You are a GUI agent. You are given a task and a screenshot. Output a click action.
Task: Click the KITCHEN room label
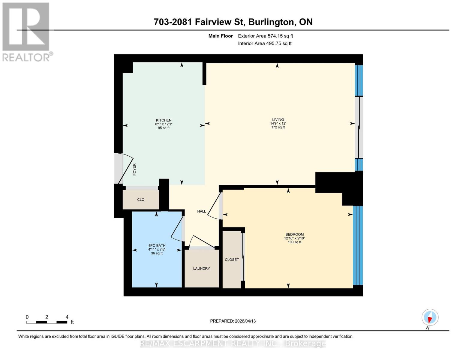click(x=164, y=120)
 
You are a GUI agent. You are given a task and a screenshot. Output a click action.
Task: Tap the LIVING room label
click(x=278, y=119)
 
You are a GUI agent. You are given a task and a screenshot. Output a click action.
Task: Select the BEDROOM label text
click(x=294, y=234)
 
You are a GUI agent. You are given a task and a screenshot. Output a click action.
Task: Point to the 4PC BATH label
click(x=157, y=245)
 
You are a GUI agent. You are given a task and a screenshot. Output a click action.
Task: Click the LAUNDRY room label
click(x=201, y=268)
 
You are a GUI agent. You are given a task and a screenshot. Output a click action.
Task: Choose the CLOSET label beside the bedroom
click(x=232, y=259)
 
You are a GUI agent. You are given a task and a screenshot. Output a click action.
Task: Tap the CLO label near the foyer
click(x=141, y=200)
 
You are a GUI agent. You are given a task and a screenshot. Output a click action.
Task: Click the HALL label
click(x=201, y=211)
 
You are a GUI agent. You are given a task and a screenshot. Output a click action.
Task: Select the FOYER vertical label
click(x=134, y=169)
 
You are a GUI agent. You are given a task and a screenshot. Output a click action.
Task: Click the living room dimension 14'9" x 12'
click(x=278, y=123)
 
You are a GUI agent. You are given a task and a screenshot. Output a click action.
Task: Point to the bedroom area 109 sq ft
click(x=294, y=242)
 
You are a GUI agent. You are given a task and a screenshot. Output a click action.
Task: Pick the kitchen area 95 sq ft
click(x=164, y=128)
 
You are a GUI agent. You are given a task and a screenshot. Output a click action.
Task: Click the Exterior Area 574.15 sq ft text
click(x=265, y=36)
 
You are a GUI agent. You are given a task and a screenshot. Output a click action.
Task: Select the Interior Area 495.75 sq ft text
click(x=265, y=43)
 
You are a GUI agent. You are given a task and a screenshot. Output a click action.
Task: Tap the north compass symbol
click(x=430, y=317)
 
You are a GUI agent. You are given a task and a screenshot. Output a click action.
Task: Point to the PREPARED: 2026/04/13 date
click(x=233, y=321)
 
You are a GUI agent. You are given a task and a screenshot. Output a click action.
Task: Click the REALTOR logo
click(x=26, y=32)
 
